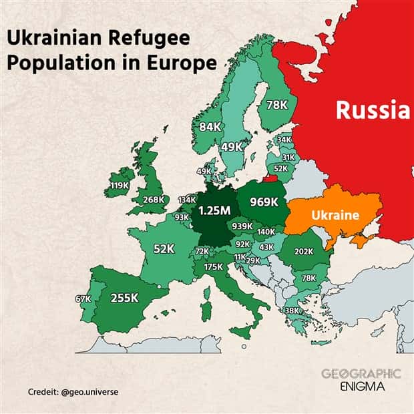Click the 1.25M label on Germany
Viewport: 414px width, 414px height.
click(x=215, y=210)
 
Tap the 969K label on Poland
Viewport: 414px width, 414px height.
click(x=264, y=201)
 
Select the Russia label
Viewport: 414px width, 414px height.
click(x=372, y=109)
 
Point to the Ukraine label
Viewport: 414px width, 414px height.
click(x=335, y=216)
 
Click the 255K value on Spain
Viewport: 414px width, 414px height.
click(x=124, y=298)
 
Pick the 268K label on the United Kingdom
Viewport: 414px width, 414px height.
click(x=153, y=199)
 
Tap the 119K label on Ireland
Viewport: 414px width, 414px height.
click(x=120, y=185)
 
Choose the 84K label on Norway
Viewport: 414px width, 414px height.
click(x=210, y=127)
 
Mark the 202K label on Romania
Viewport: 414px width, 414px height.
click(x=303, y=252)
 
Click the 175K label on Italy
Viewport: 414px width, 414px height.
click(x=213, y=266)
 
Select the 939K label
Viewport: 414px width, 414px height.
click(x=242, y=226)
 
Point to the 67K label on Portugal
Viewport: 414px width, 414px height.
click(x=83, y=298)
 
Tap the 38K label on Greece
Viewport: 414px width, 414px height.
click(x=292, y=310)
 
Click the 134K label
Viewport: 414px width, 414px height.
click(x=187, y=200)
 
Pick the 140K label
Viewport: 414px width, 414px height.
click(x=266, y=232)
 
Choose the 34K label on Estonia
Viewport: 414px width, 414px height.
click(x=284, y=140)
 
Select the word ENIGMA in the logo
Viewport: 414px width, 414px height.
click(x=361, y=387)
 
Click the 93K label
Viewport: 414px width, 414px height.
click(x=182, y=217)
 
